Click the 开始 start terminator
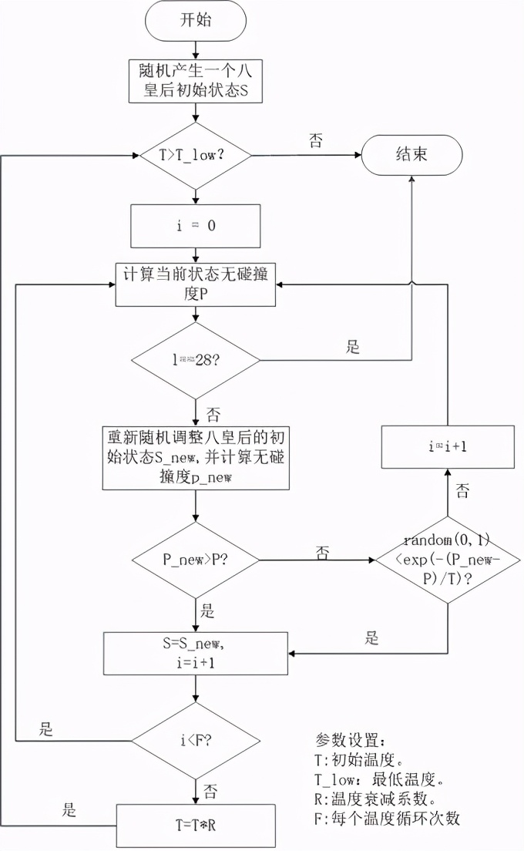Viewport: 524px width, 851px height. tap(195, 21)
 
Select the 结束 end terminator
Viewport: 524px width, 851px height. tap(411, 155)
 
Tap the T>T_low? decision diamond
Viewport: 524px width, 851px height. tap(195, 154)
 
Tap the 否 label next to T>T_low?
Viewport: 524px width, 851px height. tap(317, 140)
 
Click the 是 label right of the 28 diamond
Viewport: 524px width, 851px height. tap(353, 347)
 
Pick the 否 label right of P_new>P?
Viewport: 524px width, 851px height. tap(323, 552)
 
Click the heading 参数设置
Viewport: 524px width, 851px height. tap(348, 741)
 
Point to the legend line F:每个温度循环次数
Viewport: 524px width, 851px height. tap(387, 819)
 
